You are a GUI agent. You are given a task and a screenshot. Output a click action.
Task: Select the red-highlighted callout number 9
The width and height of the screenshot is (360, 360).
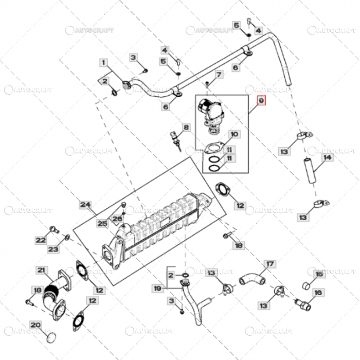coord(261,100)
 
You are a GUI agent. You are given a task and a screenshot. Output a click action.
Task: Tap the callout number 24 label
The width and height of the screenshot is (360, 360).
coord(84,205)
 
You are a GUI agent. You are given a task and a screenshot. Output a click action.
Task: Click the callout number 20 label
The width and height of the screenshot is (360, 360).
coord(35,325)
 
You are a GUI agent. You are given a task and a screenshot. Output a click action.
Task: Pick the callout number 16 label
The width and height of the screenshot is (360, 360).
coord(317,293)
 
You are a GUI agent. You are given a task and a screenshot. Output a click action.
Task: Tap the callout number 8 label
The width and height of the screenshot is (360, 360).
coord(186,127)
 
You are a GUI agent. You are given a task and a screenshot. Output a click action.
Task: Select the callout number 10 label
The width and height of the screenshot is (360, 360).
coord(234,134)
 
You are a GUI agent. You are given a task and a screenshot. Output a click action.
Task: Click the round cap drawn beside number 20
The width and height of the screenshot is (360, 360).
coord(51,338)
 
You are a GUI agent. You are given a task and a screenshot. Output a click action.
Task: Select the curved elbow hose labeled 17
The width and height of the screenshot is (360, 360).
coord(252,280)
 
